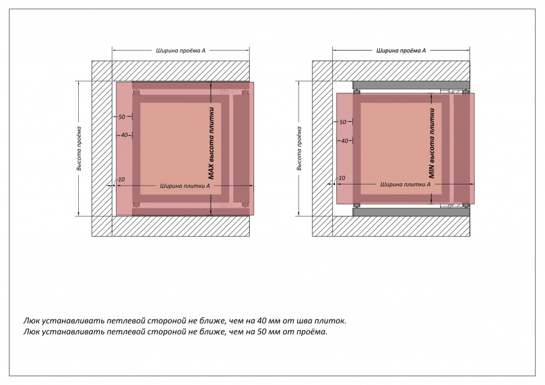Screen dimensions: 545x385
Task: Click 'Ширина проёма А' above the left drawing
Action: tap(180, 51)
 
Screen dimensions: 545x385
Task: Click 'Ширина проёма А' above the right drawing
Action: tap(401, 51)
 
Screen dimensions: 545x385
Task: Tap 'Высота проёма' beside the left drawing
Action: tap(79, 148)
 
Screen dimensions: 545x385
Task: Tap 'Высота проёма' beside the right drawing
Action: tap(300, 148)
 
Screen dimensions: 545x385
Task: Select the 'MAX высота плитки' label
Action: tap(211, 144)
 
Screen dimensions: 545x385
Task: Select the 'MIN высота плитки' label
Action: tap(432, 144)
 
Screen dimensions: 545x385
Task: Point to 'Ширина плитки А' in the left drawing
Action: tap(185, 186)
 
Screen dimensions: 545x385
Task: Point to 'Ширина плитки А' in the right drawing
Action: tap(405, 185)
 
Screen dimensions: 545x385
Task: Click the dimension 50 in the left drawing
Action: tap(122, 117)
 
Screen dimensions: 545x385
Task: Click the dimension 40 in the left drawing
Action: tap(124, 135)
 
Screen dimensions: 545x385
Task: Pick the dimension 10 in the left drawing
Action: tap(121, 180)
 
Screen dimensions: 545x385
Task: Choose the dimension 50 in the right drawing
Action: tap(343, 122)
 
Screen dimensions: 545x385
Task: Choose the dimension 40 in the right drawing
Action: tap(344, 141)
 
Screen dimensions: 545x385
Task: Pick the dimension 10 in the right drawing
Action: tap(342, 178)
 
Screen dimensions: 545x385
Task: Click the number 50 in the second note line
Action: tap(262, 332)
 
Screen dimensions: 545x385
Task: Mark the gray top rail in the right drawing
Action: tap(411, 86)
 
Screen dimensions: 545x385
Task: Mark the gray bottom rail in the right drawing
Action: tap(411, 212)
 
